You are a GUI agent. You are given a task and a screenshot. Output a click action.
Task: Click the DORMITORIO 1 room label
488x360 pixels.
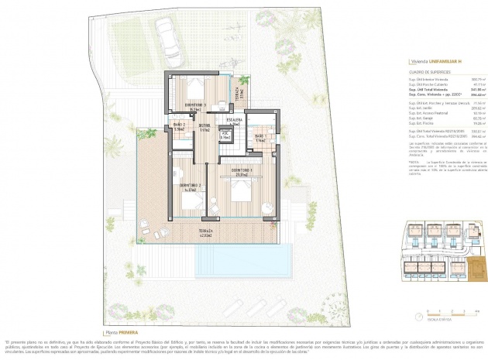pyautogui.click(x=195, y=105)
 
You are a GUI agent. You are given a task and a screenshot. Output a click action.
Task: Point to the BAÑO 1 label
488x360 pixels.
pyautogui.click(x=260, y=139)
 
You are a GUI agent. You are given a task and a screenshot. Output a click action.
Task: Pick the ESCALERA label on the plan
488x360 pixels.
pyautogui.click(x=235, y=121)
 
